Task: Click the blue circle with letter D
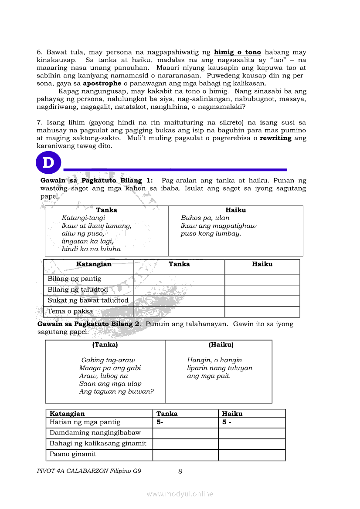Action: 48,163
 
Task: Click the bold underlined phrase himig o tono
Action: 238,52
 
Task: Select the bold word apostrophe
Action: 102,84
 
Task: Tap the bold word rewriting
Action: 275,138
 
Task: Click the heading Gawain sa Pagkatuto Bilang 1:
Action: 97,180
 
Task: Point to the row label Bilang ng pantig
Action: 75,279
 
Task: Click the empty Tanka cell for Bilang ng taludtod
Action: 179,290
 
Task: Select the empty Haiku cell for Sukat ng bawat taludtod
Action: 262,301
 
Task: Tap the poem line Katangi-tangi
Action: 84,218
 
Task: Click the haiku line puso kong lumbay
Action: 211,234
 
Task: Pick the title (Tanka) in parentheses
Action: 105,345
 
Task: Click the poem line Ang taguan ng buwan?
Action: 116,392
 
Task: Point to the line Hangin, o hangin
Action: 214,361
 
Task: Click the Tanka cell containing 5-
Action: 185,422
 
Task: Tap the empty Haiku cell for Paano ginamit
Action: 251,455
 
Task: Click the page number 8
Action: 180,471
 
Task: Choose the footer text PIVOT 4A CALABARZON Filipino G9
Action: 89,471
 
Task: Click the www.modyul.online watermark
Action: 180,494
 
